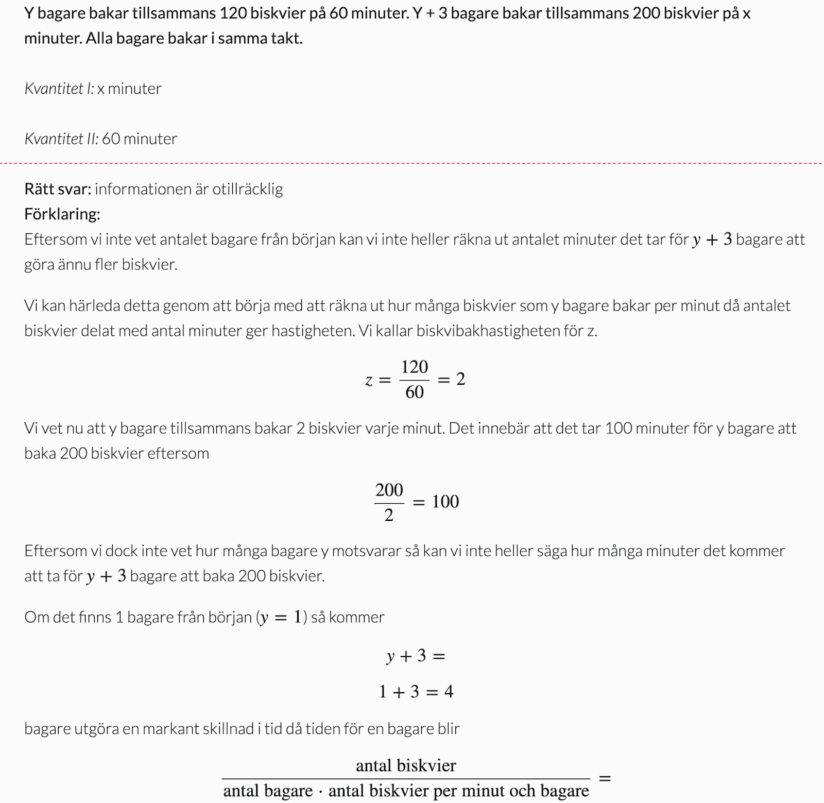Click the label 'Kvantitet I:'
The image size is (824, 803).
tap(59, 89)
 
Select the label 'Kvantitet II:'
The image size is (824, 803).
tap(61, 139)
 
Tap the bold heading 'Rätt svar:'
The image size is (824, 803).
tap(57, 189)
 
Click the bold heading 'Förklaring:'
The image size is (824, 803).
tap(62, 214)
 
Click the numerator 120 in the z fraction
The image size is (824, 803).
tap(415, 367)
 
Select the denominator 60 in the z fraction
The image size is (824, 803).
tap(415, 392)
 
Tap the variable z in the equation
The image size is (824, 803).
tap(369, 380)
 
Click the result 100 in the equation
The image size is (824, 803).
tap(445, 502)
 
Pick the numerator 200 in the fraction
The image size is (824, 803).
tap(389, 489)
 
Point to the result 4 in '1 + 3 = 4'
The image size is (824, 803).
tap(449, 692)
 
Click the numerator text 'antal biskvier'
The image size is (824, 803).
tap(406, 766)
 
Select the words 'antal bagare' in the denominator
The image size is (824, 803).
tap(268, 791)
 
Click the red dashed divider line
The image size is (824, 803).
tap(412, 163)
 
